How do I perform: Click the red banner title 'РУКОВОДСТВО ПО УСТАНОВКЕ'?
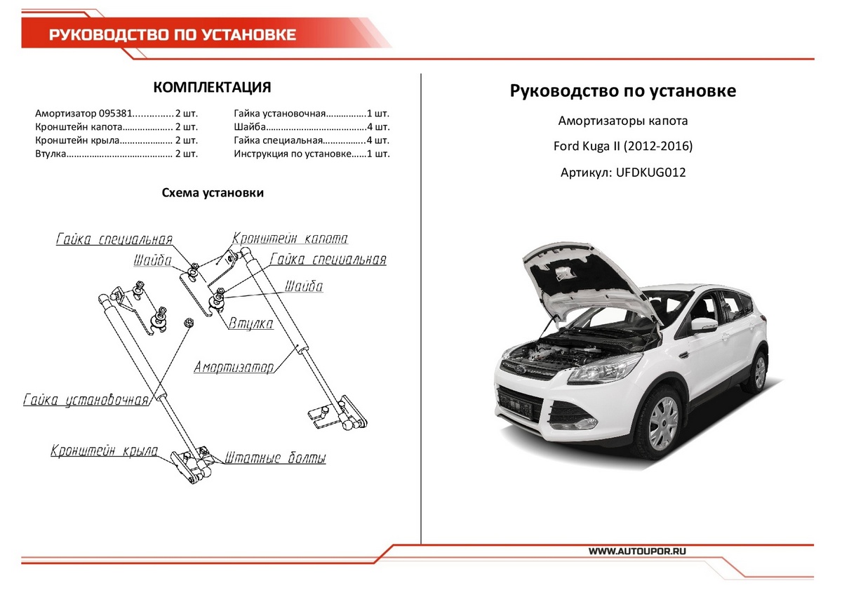click(172, 35)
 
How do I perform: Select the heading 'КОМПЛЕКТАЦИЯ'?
click(212, 88)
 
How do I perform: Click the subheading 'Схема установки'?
click(213, 193)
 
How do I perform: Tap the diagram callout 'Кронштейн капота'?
click(290, 239)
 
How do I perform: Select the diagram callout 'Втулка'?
click(250, 323)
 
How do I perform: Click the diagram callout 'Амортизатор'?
click(234, 367)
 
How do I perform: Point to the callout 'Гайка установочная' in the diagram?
click(86, 401)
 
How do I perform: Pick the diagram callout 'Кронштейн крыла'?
click(104, 451)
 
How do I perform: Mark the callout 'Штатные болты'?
click(276, 459)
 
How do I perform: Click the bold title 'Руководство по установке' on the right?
click(622, 91)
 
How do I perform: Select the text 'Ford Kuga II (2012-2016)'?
click(622, 147)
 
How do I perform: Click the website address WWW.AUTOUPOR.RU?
click(637, 551)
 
